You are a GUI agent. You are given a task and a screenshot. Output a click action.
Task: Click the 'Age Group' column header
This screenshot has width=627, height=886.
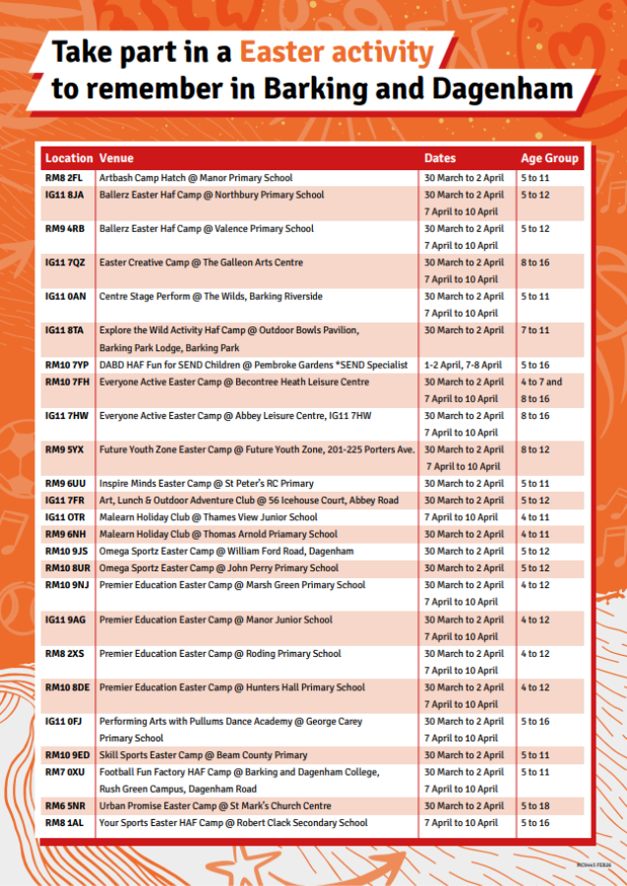[549, 158]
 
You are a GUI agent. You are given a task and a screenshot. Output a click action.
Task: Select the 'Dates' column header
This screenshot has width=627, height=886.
[440, 158]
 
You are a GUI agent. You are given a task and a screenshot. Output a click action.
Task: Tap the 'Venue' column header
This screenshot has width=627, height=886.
[116, 158]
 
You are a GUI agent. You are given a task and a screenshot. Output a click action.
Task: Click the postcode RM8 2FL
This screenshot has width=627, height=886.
[64, 178]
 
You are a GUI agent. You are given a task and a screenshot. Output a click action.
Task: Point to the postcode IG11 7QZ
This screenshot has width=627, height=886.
[65, 263]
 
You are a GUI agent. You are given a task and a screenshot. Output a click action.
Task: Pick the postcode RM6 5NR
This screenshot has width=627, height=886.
[65, 806]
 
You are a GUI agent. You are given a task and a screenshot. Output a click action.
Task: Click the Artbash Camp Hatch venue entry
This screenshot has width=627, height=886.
[196, 178]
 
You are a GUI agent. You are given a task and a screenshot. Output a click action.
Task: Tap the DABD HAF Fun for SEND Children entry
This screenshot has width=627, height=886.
[253, 365]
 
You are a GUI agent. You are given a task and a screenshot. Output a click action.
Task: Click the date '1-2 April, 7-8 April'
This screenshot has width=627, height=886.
[463, 365]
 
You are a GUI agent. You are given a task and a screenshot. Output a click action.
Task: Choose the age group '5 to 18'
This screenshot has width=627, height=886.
[535, 806]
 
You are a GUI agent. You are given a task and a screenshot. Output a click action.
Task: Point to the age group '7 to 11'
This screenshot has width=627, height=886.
[535, 330]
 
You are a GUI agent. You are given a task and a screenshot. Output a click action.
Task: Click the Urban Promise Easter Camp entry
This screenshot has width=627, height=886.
[215, 806]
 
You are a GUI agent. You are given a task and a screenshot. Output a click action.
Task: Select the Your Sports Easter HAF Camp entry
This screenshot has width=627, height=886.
[233, 823]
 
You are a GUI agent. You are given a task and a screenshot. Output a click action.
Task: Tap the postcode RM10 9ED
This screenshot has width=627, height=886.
[67, 755]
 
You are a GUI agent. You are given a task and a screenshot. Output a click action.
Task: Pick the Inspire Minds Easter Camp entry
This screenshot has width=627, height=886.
[207, 484]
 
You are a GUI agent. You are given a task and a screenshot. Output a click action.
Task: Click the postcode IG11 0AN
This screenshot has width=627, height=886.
[65, 296]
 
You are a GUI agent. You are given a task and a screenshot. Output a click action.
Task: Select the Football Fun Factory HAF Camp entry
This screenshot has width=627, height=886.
[239, 772]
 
